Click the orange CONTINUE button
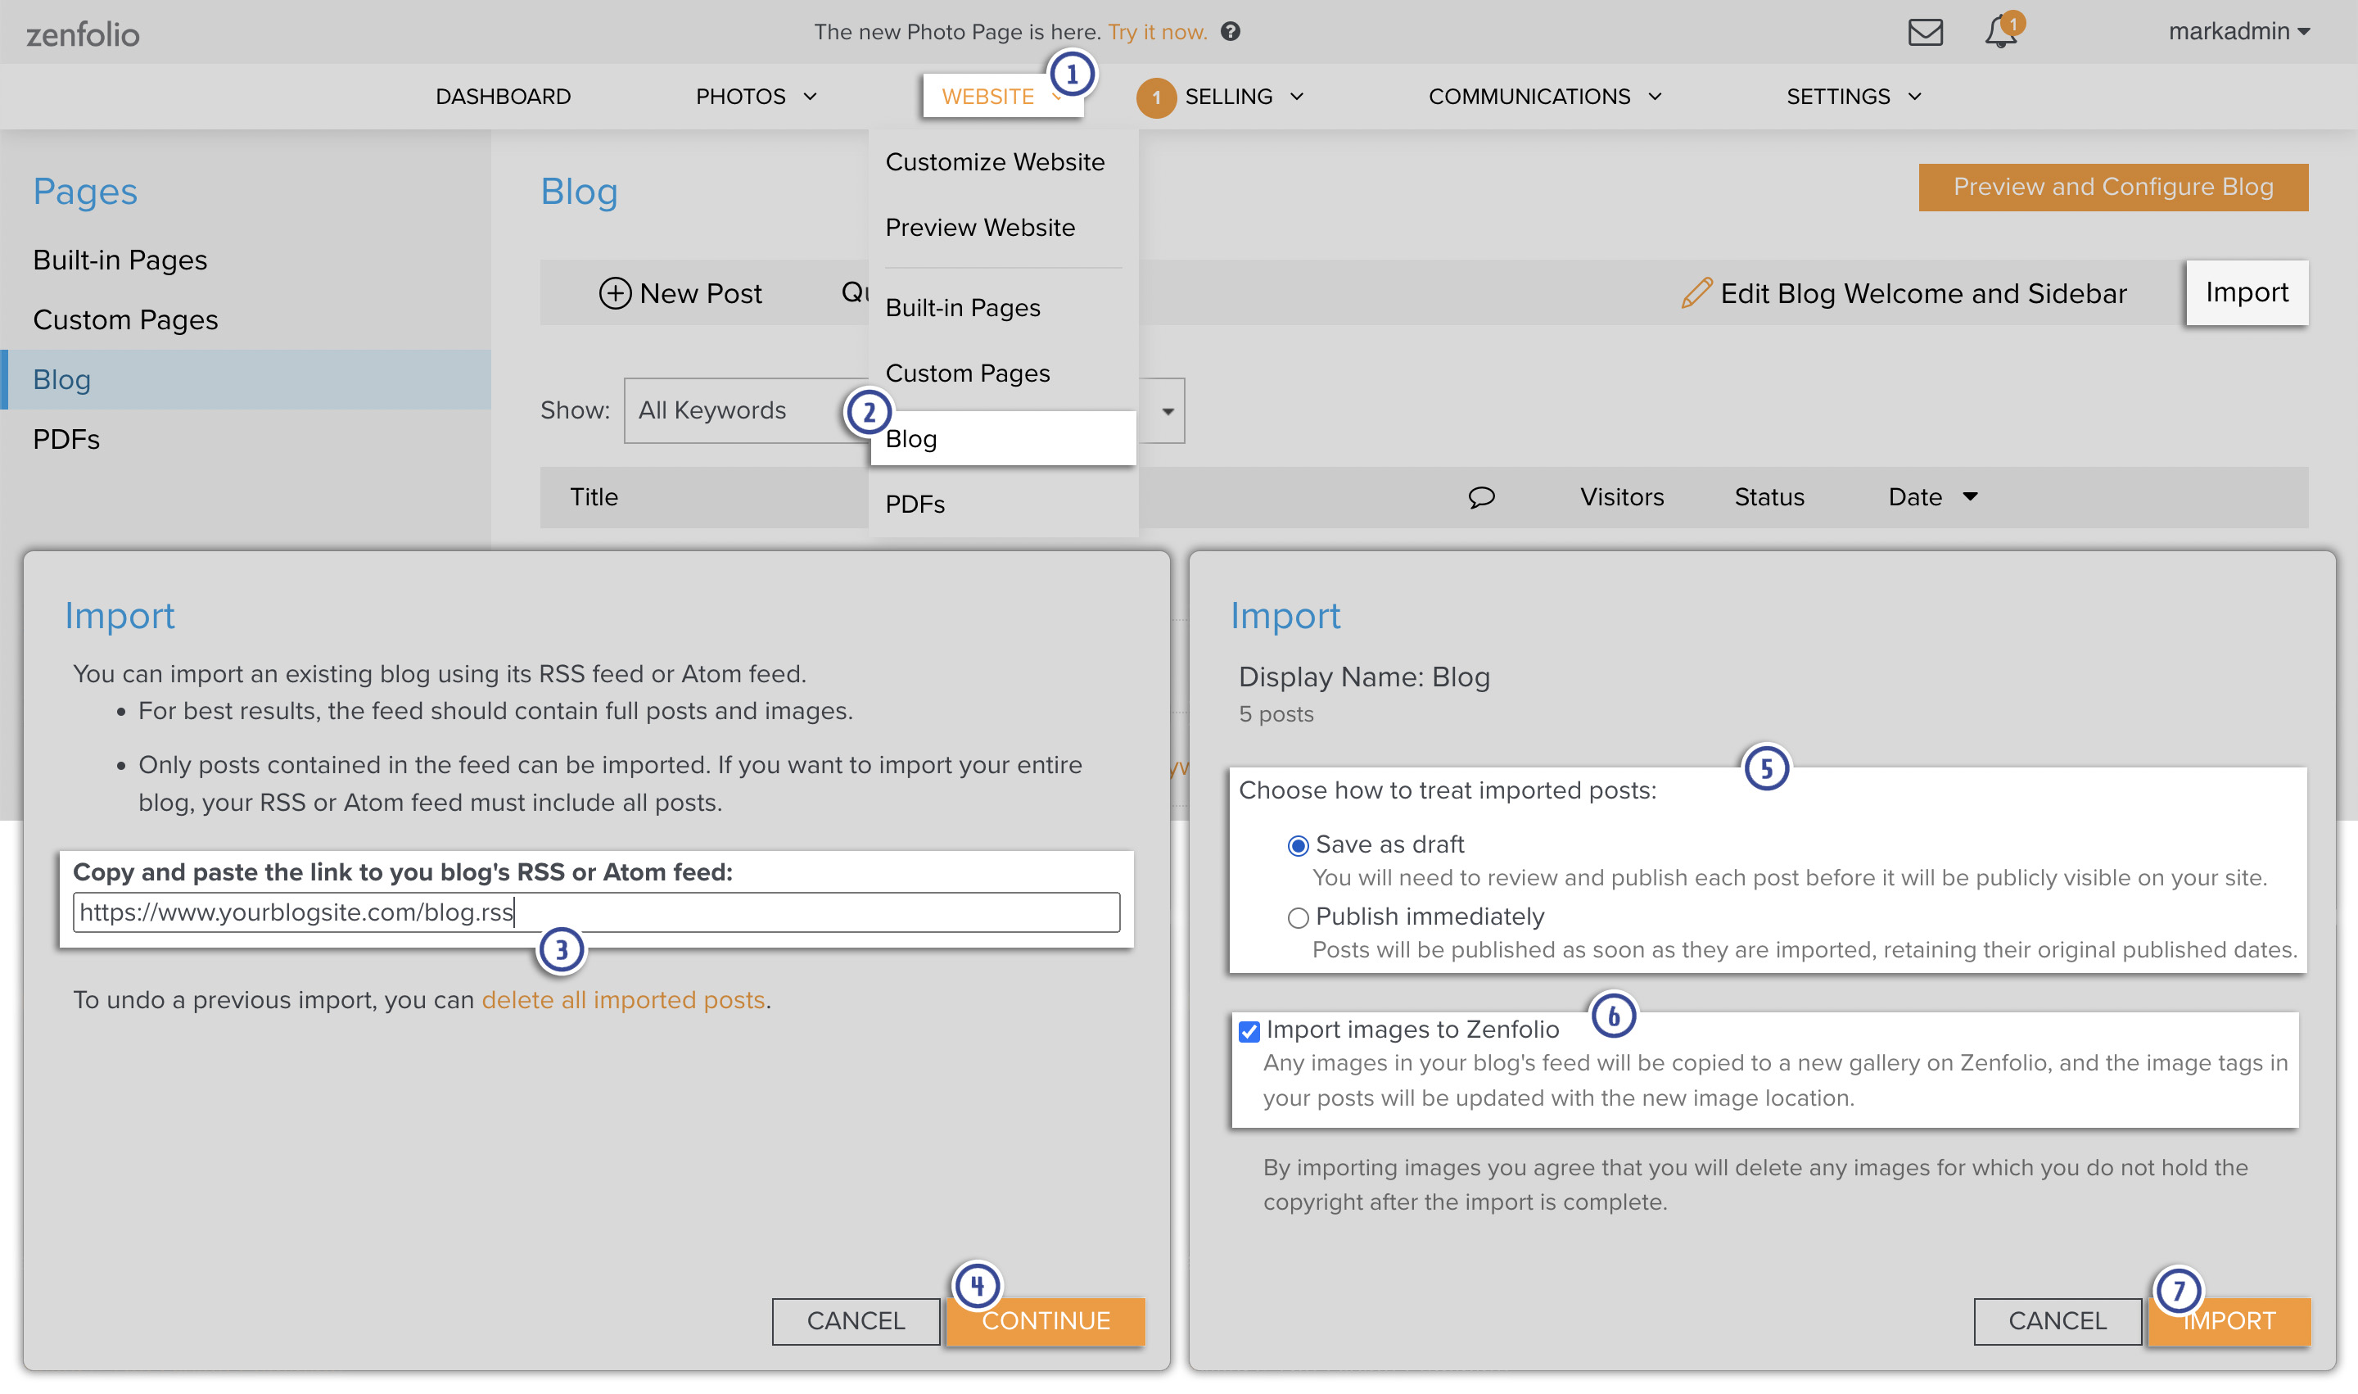point(1046,1321)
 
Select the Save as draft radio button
point(1298,845)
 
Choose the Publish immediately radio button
point(1298,918)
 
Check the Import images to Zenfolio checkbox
point(1249,1031)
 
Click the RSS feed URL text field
point(596,912)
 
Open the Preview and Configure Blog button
point(2113,187)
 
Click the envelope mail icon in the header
point(1925,32)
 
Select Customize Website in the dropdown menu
point(995,161)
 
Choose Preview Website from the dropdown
point(979,228)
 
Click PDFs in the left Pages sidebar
point(66,440)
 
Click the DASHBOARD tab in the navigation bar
point(504,97)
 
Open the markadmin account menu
point(2238,32)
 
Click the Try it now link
point(1157,32)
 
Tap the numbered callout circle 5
point(1766,768)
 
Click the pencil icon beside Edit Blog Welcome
point(1696,293)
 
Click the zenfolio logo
point(83,34)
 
